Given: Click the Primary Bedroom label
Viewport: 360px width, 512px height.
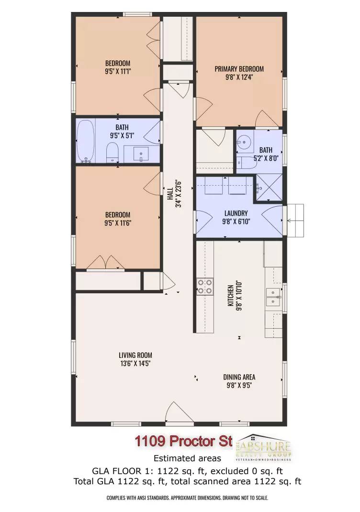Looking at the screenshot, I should [239, 69].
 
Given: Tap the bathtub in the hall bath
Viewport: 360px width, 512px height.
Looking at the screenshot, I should [86, 141].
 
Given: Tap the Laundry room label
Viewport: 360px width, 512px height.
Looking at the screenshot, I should [235, 213].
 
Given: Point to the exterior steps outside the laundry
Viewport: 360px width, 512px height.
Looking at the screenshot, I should [297, 220].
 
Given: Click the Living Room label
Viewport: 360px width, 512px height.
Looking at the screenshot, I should [135, 355].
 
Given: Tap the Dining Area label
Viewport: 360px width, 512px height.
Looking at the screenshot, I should [239, 377].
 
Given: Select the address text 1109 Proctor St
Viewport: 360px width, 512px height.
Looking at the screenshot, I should [183, 441].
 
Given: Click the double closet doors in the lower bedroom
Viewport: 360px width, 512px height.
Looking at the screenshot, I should [110, 262].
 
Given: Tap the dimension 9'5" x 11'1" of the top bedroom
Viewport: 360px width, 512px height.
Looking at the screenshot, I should [118, 71].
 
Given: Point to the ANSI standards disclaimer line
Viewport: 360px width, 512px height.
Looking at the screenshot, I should [187, 498].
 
